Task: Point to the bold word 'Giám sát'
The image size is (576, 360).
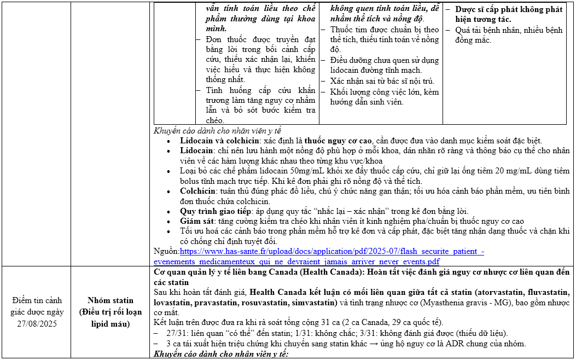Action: tap(197, 222)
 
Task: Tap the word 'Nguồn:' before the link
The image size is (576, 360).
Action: tap(166, 252)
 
